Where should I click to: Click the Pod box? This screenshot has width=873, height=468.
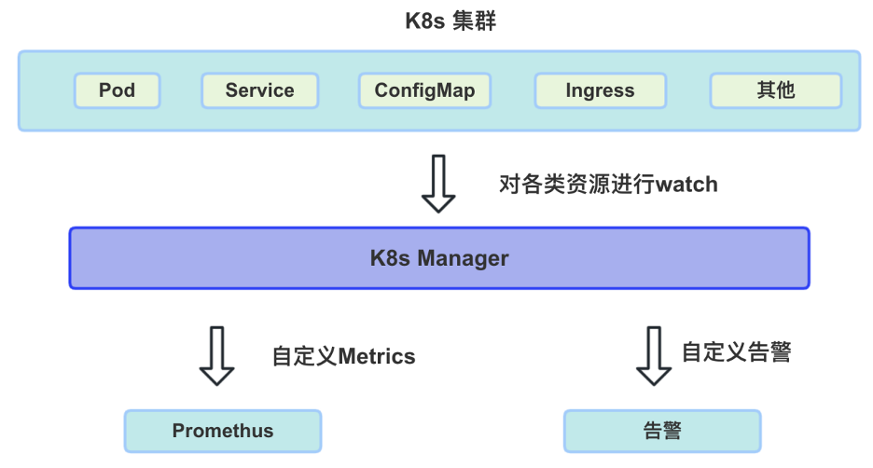coord(118,90)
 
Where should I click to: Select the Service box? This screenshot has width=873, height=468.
coord(259,90)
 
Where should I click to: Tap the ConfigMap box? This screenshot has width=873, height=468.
coord(424,90)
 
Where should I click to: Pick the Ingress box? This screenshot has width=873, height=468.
coord(600,90)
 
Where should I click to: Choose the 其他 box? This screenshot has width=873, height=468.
coord(775,90)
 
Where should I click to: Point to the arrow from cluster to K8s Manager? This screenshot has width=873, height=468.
coord(438,184)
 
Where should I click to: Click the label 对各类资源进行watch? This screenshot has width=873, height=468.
coord(608,184)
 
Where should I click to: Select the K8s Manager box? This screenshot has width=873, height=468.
coord(439,258)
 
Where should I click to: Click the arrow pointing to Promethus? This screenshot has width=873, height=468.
coord(217,355)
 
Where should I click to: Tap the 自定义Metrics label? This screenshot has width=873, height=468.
coord(343,356)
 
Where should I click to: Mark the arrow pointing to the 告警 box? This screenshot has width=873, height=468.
coord(653,355)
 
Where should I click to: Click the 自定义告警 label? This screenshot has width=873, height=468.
coord(736,352)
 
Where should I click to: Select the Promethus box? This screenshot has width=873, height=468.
coord(223,431)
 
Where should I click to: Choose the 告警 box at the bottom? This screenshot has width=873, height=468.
coord(662,431)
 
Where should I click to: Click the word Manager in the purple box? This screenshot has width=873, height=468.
coord(463,258)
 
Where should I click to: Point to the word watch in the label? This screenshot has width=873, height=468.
coord(686,184)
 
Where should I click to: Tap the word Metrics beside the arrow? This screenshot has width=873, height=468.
coord(376,356)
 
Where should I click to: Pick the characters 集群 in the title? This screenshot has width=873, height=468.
coord(475,21)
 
